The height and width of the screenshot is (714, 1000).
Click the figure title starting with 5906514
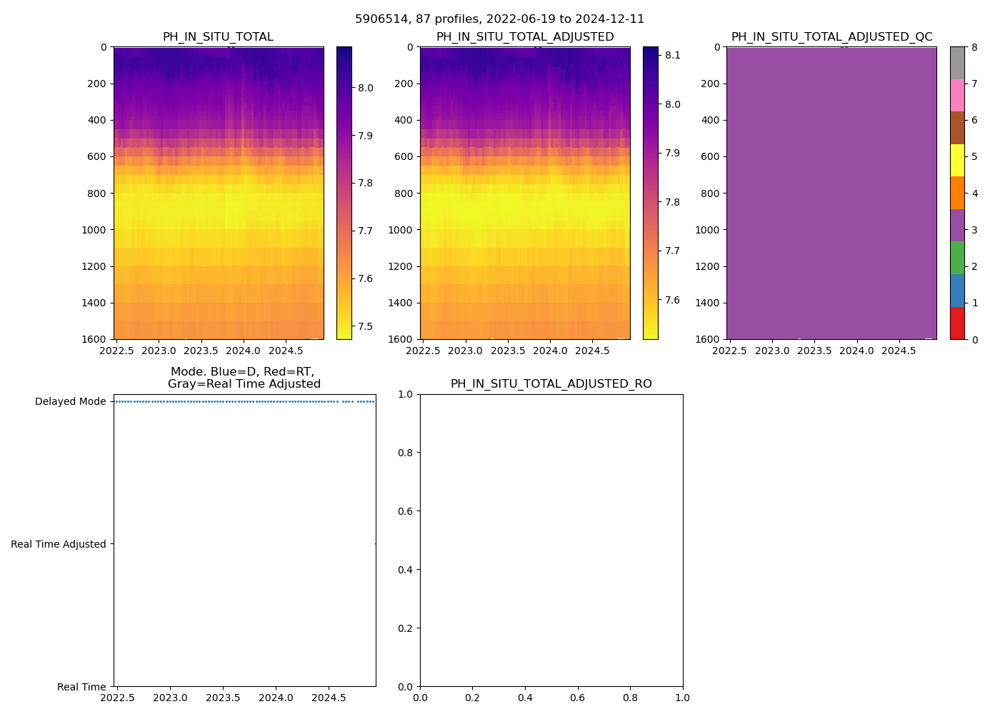coord(499,19)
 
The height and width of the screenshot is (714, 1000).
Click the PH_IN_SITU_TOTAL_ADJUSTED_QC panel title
coord(831,37)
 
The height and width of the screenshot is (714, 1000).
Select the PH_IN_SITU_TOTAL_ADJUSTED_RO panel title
coord(551,384)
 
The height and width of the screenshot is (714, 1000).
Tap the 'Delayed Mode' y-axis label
coord(70,401)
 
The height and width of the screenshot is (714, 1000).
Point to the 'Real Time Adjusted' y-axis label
coord(59,544)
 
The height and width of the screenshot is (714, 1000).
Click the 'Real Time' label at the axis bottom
coord(81,687)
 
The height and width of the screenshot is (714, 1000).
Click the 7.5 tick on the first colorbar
coord(365,326)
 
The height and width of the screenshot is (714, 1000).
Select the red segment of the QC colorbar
coord(957,323)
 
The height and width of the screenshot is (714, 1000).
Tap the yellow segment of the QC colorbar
coord(957,160)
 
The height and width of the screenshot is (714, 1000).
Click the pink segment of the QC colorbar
coord(957,95)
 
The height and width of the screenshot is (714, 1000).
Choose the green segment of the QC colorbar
coord(957,258)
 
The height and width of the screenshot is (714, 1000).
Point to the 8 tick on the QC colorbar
coord(974,47)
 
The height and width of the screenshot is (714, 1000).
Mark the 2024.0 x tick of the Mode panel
coord(276,698)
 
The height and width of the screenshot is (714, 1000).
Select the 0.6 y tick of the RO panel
coord(405,511)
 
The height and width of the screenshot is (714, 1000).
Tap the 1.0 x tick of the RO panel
coord(683,698)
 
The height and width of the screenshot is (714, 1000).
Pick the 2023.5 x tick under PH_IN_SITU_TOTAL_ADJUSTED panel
coord(508,351)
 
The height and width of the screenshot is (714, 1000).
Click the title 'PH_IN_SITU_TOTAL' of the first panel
coord(218,37)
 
